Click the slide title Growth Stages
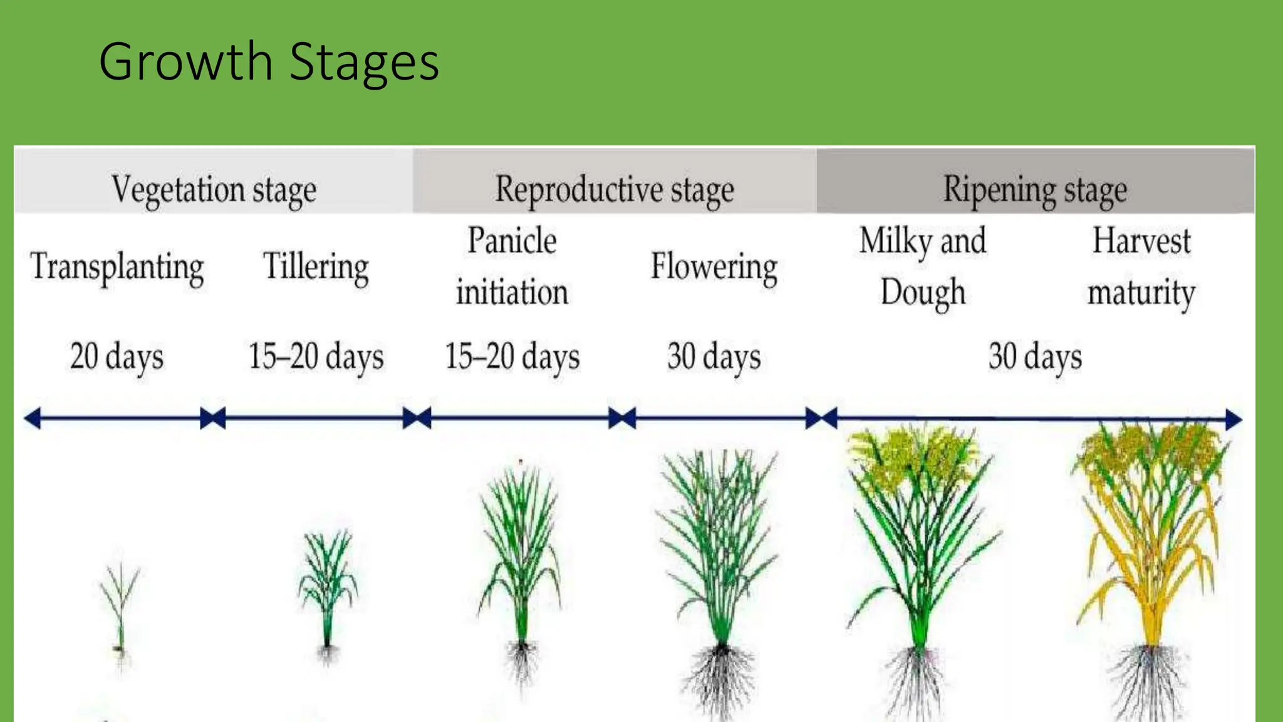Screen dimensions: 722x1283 269,61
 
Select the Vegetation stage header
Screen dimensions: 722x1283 214,189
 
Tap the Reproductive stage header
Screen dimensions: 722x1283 614,189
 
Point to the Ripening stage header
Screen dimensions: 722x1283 1035,189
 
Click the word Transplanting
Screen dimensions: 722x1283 117,267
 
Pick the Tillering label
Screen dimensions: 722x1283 316,267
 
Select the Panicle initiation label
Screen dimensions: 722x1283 512,266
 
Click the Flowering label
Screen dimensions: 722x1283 714,267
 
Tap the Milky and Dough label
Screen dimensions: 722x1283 923,266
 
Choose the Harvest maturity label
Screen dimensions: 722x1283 1141,266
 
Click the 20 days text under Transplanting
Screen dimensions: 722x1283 117,357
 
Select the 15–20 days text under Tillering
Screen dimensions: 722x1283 316,357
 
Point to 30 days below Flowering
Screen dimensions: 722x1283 714,357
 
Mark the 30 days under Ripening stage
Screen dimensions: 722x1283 1035,357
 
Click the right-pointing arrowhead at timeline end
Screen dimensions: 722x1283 1233,419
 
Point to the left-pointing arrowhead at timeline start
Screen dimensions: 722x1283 33,418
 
